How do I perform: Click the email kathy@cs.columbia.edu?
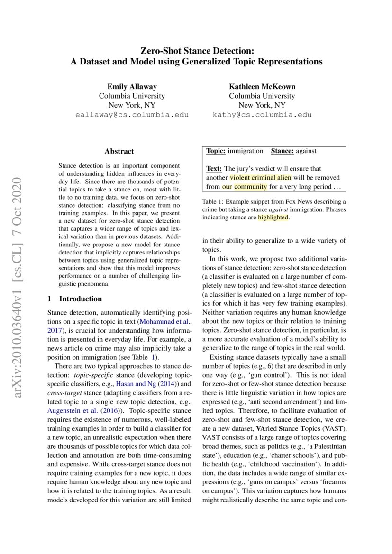pos(262,115)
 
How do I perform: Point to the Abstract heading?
pos(119,152)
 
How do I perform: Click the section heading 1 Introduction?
pos(75,299)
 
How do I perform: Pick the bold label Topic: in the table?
pos(216,151)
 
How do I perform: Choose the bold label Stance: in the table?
pos(283,151)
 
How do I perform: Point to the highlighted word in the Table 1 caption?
pos(273,218)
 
